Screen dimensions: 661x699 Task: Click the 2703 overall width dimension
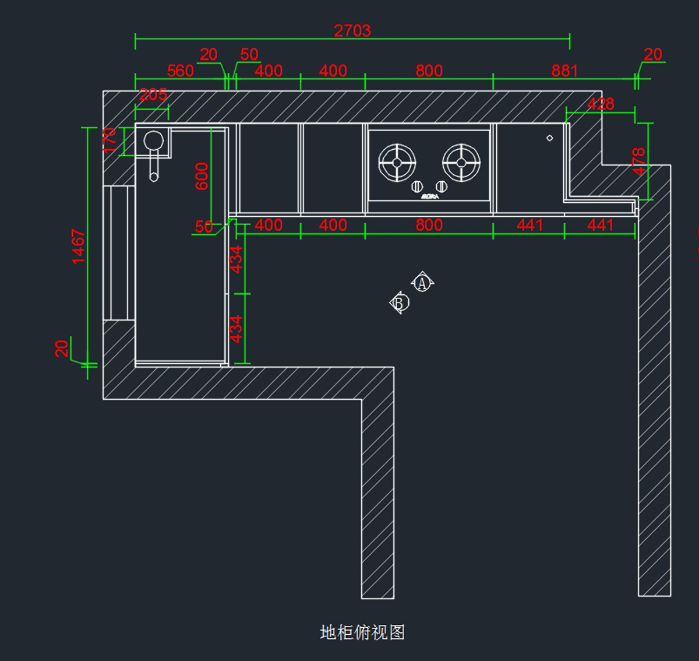tap(352, 31)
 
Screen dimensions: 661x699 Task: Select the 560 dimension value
tap(180, 71)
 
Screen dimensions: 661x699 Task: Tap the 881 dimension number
tap(564, 71)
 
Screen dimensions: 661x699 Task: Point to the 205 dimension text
tap(153, 94)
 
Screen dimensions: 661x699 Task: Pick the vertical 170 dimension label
tap(110, 140)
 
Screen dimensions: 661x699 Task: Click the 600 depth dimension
tap(202, 176)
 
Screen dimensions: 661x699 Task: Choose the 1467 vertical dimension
tap(79, 246)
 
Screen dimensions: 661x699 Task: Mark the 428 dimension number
tap(600, 104)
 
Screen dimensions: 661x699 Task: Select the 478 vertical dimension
tap(639, 162)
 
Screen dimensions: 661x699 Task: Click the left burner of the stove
tap(397, 163)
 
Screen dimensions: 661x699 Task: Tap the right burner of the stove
tap(461, 163)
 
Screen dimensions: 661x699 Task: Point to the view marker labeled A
tap(422, 283)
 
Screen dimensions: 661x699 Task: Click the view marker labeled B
tap(399, 303)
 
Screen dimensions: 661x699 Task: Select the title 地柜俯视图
tap(362, 632)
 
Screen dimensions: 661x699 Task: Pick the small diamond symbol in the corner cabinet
tap(549, 138)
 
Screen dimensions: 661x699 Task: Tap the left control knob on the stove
tap(417, 187)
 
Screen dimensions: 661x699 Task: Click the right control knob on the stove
tap(442, 187)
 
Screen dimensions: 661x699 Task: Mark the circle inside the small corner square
tap(153, 140)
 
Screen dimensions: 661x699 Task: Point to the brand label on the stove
tap(430, 196)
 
